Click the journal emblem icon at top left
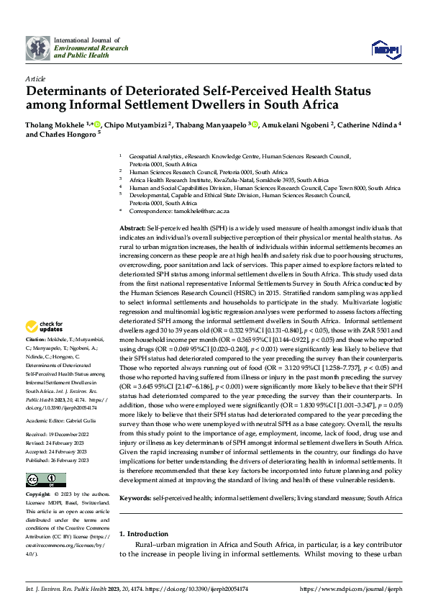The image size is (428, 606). point(38,48)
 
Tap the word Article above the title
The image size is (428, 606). point(35,78)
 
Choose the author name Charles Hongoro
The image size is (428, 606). point(69,134)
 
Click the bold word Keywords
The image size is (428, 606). point(135,498)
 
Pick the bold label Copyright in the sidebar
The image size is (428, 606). point(38,495)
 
